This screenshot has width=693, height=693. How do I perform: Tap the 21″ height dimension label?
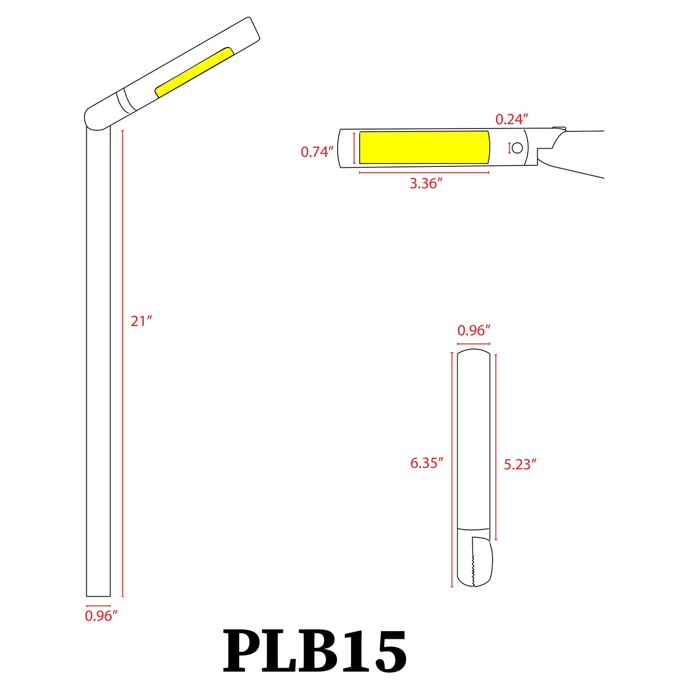[x=141, y=321]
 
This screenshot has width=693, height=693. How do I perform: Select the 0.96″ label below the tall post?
[x=101, y=616]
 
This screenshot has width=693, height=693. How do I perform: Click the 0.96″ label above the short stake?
[x=473, y=330]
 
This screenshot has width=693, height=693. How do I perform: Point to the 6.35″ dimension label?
[x=426, y=463]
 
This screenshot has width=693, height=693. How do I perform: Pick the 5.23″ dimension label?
[x=520, y=464]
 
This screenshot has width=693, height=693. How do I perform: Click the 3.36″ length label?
[x=425, y=183]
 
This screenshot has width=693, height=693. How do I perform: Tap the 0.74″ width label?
[x=317, y=152]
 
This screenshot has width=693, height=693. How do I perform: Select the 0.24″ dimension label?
[x=512, y=119]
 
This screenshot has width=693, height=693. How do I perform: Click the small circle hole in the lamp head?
[x=517, y=148]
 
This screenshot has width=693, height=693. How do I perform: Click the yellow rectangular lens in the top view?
[x=424, y=147]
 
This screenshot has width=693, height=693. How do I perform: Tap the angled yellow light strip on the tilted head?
[x=194, y=72]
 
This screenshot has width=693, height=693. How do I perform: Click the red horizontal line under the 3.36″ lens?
[x=424, y=172]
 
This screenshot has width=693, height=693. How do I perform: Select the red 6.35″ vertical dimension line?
[x=452, y=470]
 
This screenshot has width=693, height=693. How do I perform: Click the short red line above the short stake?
[x=473, y=344]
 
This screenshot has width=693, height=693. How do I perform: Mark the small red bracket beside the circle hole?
[x=509, y=148]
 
